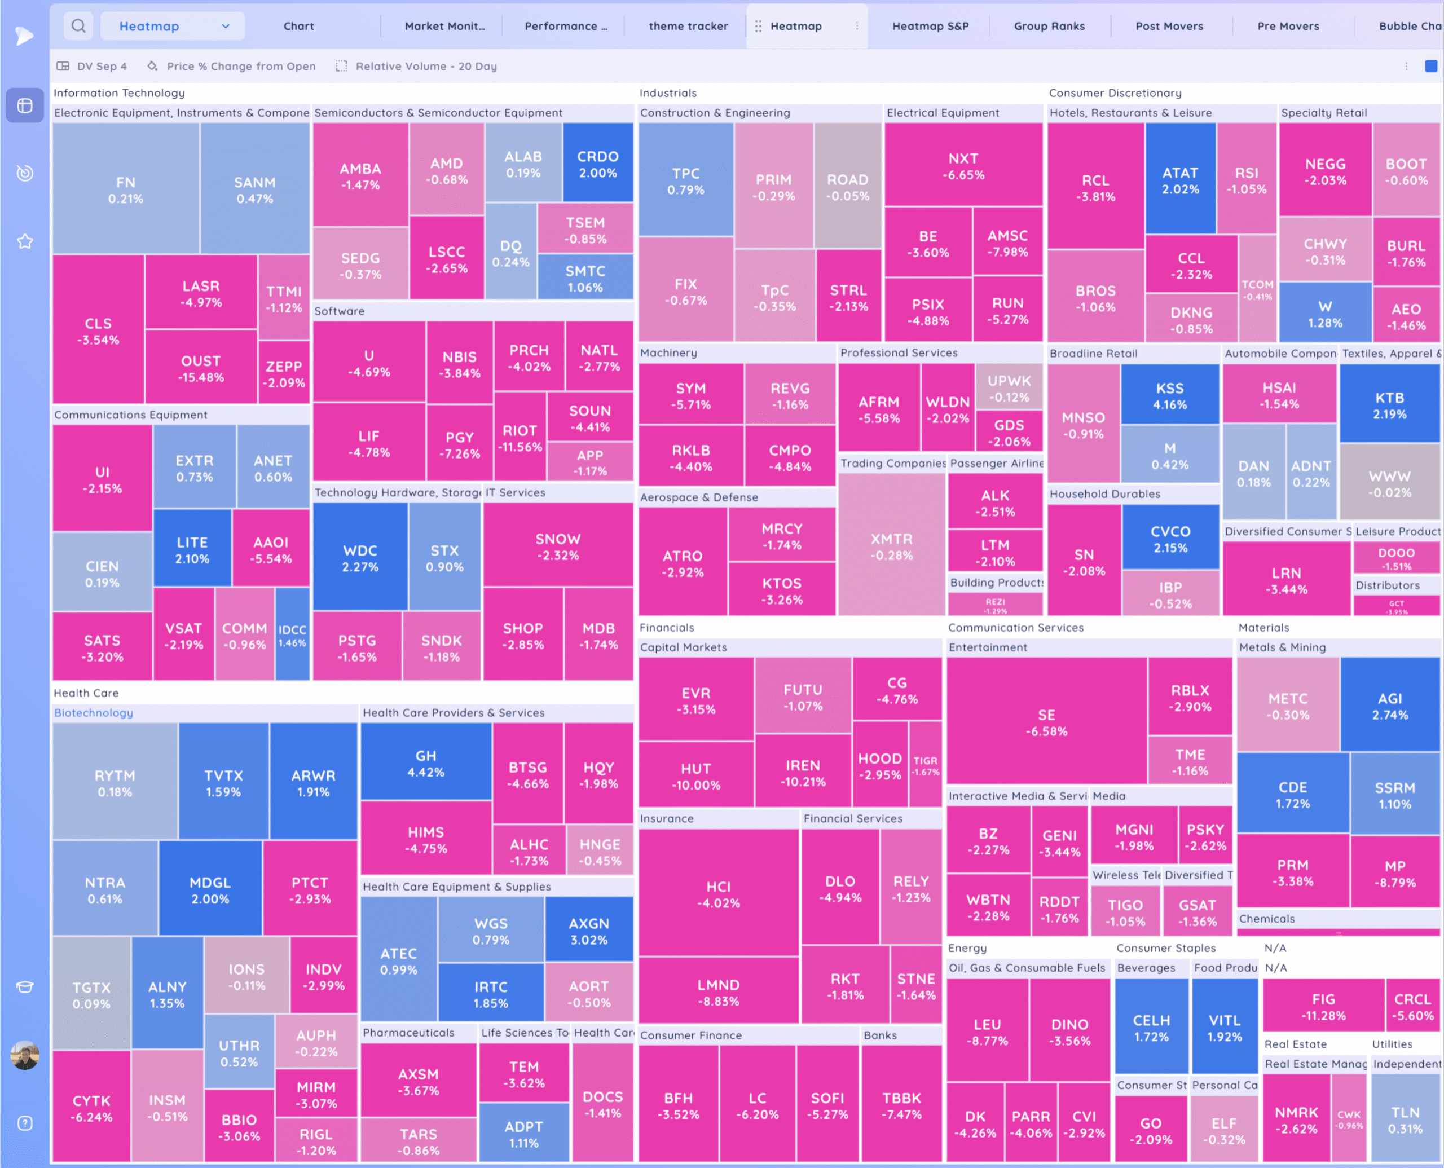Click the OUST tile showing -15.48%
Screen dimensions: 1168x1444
200,368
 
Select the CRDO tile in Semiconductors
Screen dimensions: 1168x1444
597,164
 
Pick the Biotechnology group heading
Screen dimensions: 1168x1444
94,712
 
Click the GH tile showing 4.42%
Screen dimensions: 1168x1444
425,763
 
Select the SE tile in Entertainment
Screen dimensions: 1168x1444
1046,722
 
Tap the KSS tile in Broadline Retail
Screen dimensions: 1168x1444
1169,395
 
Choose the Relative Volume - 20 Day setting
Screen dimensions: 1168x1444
425,66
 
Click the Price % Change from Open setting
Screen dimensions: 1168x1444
240,66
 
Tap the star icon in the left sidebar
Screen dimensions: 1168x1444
25,241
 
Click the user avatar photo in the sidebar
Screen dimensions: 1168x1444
25,1055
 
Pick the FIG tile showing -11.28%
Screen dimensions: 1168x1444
1323,1007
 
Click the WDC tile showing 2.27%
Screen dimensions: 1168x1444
360,558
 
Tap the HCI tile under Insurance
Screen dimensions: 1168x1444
718,894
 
